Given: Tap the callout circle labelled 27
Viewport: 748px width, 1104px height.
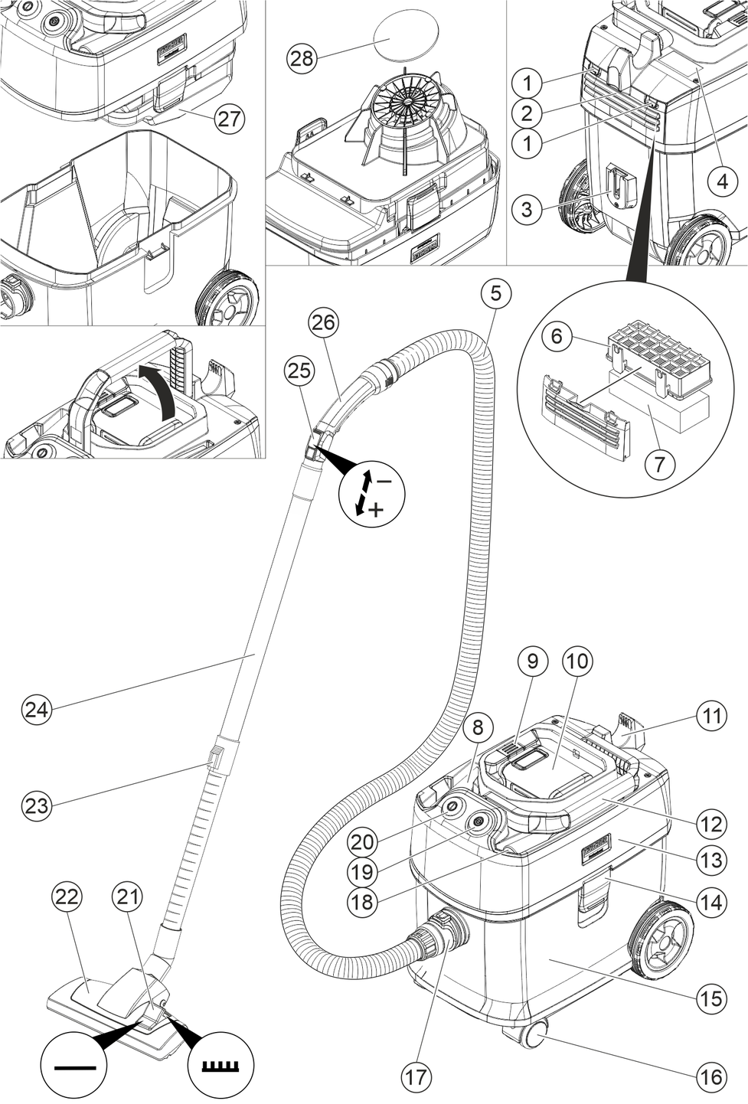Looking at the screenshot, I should (229, 119).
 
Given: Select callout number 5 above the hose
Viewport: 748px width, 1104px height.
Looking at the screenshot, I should (495, 292).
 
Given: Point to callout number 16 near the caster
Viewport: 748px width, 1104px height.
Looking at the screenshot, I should (710, 1077).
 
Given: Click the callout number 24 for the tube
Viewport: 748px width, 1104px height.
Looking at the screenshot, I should (35, 709).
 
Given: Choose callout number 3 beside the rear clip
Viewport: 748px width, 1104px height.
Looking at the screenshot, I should (526, 208).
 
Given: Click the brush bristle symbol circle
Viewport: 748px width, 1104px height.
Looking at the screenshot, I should (224, 1066).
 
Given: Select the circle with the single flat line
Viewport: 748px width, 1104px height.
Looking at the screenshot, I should (73, 1066).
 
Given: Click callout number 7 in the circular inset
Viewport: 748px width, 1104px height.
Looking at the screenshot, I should (660, 462).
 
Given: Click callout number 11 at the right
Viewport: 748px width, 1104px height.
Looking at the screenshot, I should (711, 717).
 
